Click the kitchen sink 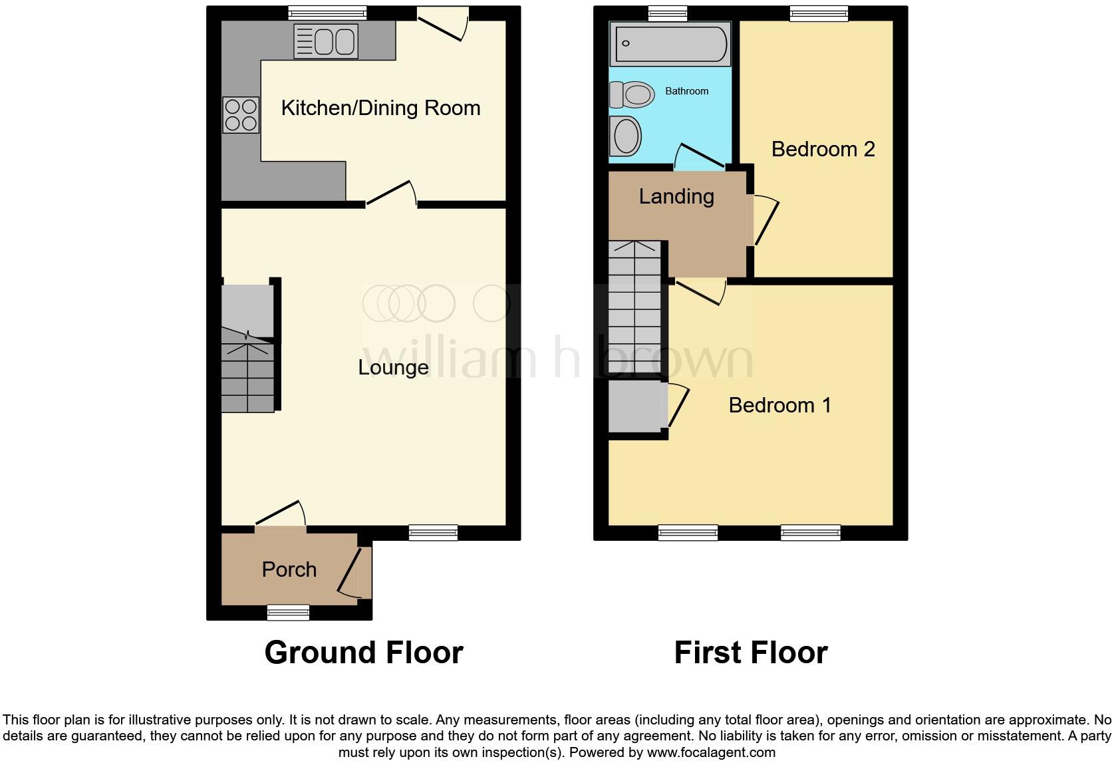click(326, 41)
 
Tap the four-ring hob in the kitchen click(241, 115)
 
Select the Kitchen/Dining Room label click(380, 108)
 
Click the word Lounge click(393, 367)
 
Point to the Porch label click(289, 569)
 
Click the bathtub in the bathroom click(670, 44)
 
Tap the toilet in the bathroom click(631, 95)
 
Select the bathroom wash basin click(625, 136)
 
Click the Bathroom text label click(686, 91)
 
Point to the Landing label click(676, 196)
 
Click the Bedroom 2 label click(823, 149)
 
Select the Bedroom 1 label click(779, 405)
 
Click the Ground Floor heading click(363, 653)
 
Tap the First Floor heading click(750, 653)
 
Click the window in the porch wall click(288, 612)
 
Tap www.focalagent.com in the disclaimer click(710, 752)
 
